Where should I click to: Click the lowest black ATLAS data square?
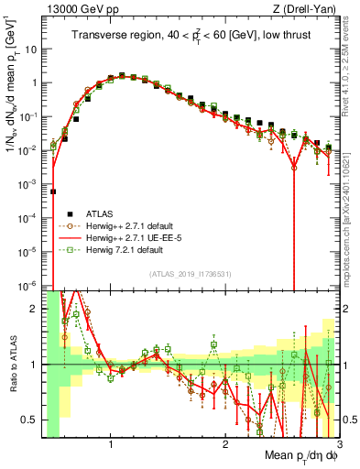pyautogui.click(x=53, y=192)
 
